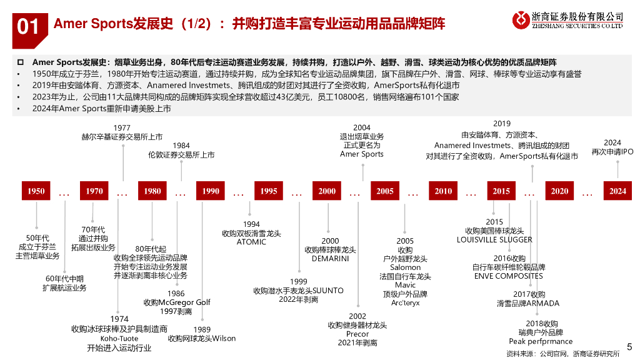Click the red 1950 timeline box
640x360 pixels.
(36, 191)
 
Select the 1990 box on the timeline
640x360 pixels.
(211, 191)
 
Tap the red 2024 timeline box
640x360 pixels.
(617, 191)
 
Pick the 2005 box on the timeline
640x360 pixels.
(385, 191)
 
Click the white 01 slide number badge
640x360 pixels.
(28, 26)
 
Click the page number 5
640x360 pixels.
(629, 346)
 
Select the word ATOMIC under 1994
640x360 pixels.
(251, 242)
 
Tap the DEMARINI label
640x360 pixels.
(330, 258)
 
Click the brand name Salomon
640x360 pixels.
(405, 267)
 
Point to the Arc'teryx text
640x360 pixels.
(405, 302)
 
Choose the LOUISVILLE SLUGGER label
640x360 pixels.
(494, 239)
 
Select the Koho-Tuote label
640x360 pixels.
(119, 339)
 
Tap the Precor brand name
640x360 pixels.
(357, 334)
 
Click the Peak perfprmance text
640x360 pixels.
(541, 341)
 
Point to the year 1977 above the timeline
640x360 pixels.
(122, 128)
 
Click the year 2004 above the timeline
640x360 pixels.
(362, 128)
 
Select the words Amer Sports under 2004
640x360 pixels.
(362, 154)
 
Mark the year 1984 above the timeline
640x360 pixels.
(181, 146)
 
